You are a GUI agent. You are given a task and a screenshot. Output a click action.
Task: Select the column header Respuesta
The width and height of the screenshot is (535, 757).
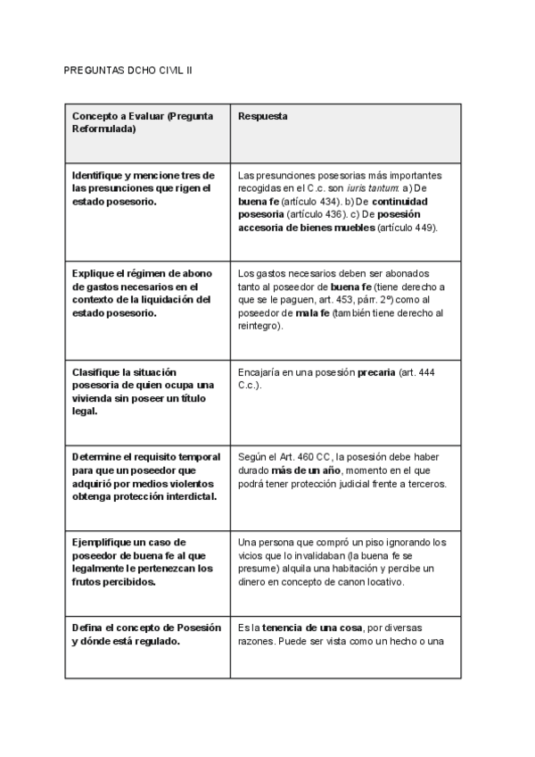[x=262, y=117]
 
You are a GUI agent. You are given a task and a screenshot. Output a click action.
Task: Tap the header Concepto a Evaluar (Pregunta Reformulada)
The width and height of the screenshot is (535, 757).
[x=137, y=123]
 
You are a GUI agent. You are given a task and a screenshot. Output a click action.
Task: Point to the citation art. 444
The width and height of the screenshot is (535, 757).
[x=419, y=371]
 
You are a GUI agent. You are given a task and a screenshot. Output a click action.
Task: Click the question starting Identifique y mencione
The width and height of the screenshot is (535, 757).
[x=144, y=188]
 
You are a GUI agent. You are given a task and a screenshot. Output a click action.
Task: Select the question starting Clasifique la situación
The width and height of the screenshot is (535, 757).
[x=143, y=391]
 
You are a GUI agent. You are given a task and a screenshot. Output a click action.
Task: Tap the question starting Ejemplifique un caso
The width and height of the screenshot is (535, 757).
[x=143, y=562]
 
